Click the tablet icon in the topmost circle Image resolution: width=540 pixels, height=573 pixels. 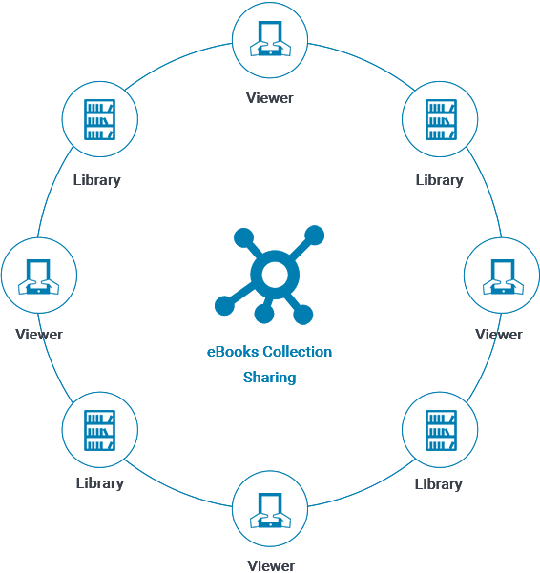click(270, 38)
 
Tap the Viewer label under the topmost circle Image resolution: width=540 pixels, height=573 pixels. click(270, 98)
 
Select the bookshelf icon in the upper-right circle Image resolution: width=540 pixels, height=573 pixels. click(441, 119)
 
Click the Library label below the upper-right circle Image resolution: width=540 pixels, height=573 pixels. click(440, 180)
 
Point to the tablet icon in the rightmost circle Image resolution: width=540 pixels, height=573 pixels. click(503, 276)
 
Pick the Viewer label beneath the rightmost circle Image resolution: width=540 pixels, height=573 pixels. click(499, 335)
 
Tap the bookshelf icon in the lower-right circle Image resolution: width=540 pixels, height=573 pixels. click(441, 430)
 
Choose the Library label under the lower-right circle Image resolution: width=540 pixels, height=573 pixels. click(438, 484)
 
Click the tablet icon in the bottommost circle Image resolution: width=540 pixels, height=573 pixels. click(270, 510)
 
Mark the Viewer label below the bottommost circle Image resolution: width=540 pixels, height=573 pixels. click(271, 565)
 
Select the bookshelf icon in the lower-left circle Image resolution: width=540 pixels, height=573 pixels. click(99, 430)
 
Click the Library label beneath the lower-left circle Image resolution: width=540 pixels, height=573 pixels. click(100, 483)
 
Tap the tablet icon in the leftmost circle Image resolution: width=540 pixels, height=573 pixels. click(39, 276)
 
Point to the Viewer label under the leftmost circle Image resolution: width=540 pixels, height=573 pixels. click(39, 335)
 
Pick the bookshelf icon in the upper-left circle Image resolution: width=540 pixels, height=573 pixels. click(99, 119)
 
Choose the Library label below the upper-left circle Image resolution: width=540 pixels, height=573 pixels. click(97, 180)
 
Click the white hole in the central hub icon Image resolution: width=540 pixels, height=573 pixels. click(275, 275)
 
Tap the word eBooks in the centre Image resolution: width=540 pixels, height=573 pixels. click(233, 352)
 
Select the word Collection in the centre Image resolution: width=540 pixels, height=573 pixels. click(298, 352)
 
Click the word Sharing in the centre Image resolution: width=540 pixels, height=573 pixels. click(269, 378)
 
